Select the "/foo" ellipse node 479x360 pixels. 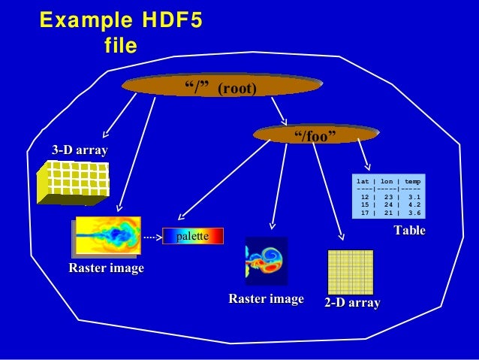point(315,135)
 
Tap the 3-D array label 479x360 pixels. point(79,150)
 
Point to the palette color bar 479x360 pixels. point(193,237)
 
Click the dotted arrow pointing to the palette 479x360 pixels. point(152,237)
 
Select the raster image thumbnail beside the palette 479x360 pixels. point(108,236)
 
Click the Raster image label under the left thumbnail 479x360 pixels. point(106,268)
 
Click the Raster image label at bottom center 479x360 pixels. point(266,300)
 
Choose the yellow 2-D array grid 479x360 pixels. point(351,271)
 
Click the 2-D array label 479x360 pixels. point(352,303)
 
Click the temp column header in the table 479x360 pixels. point(412,182)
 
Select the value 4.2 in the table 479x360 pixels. point(414,204)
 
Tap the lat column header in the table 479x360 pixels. point(363,182)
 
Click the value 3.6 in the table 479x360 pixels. point(414,212)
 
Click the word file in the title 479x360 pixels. point(120,47)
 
